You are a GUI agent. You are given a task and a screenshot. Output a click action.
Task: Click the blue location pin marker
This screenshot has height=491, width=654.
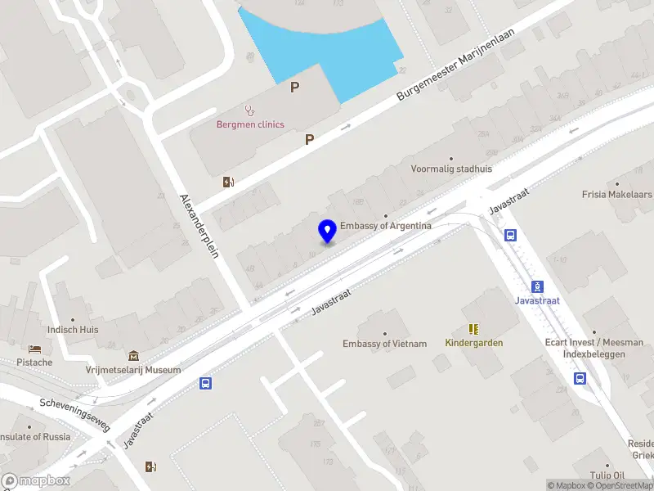point(328,231)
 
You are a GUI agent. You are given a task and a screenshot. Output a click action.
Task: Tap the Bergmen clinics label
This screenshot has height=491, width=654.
point(250,124)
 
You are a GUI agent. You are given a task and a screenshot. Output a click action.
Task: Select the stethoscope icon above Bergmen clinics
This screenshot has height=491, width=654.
point(249,110)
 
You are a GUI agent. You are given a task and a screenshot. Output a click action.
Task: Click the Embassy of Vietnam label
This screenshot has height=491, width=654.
point(384,344)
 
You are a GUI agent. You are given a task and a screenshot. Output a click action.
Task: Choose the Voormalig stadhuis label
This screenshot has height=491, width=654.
point(451,169)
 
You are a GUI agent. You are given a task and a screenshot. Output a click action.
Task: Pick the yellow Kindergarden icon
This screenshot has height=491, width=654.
point(473,328)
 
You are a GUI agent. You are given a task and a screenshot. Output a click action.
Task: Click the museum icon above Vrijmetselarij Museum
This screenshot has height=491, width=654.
point(133,355)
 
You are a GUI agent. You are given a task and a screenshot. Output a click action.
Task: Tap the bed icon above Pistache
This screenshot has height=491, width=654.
point(34,349)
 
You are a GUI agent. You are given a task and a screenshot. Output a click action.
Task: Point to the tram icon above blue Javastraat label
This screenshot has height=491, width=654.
point(538,286)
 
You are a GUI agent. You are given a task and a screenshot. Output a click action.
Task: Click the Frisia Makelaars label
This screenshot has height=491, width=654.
point(617,195)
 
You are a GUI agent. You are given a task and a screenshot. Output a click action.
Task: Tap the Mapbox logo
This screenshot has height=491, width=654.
point(36,481)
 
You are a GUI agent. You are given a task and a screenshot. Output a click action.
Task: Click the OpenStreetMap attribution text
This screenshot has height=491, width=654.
point(621,485)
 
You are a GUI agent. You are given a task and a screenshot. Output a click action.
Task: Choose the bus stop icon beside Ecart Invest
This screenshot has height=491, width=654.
point(580,378)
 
